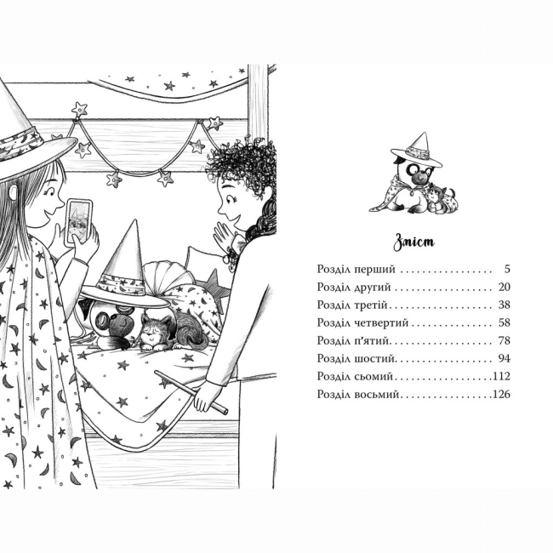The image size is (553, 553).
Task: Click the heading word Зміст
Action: click(x=413, y=242)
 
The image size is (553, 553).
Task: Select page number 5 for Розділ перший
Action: click(x=507, y=269)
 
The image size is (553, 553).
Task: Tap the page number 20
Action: click(x=505, y=287)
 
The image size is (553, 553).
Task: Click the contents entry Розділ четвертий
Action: click(x=362, y=322)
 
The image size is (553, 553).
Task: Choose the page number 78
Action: click(x=505, y=340)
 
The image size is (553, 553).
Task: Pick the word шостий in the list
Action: click(x=373, y=359)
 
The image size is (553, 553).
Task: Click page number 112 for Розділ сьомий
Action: click(x=501, y=376)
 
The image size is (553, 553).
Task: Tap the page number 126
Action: click(x=501, y=394)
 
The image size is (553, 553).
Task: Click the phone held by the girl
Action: click(x=79, y=221)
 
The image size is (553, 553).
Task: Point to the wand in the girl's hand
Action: click(x=191, y=392)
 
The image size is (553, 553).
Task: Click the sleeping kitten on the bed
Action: click(x=169, y=333)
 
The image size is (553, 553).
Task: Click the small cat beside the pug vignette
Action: click(x=440, y=201)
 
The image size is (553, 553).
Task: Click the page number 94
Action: click(x=505, y=359)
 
